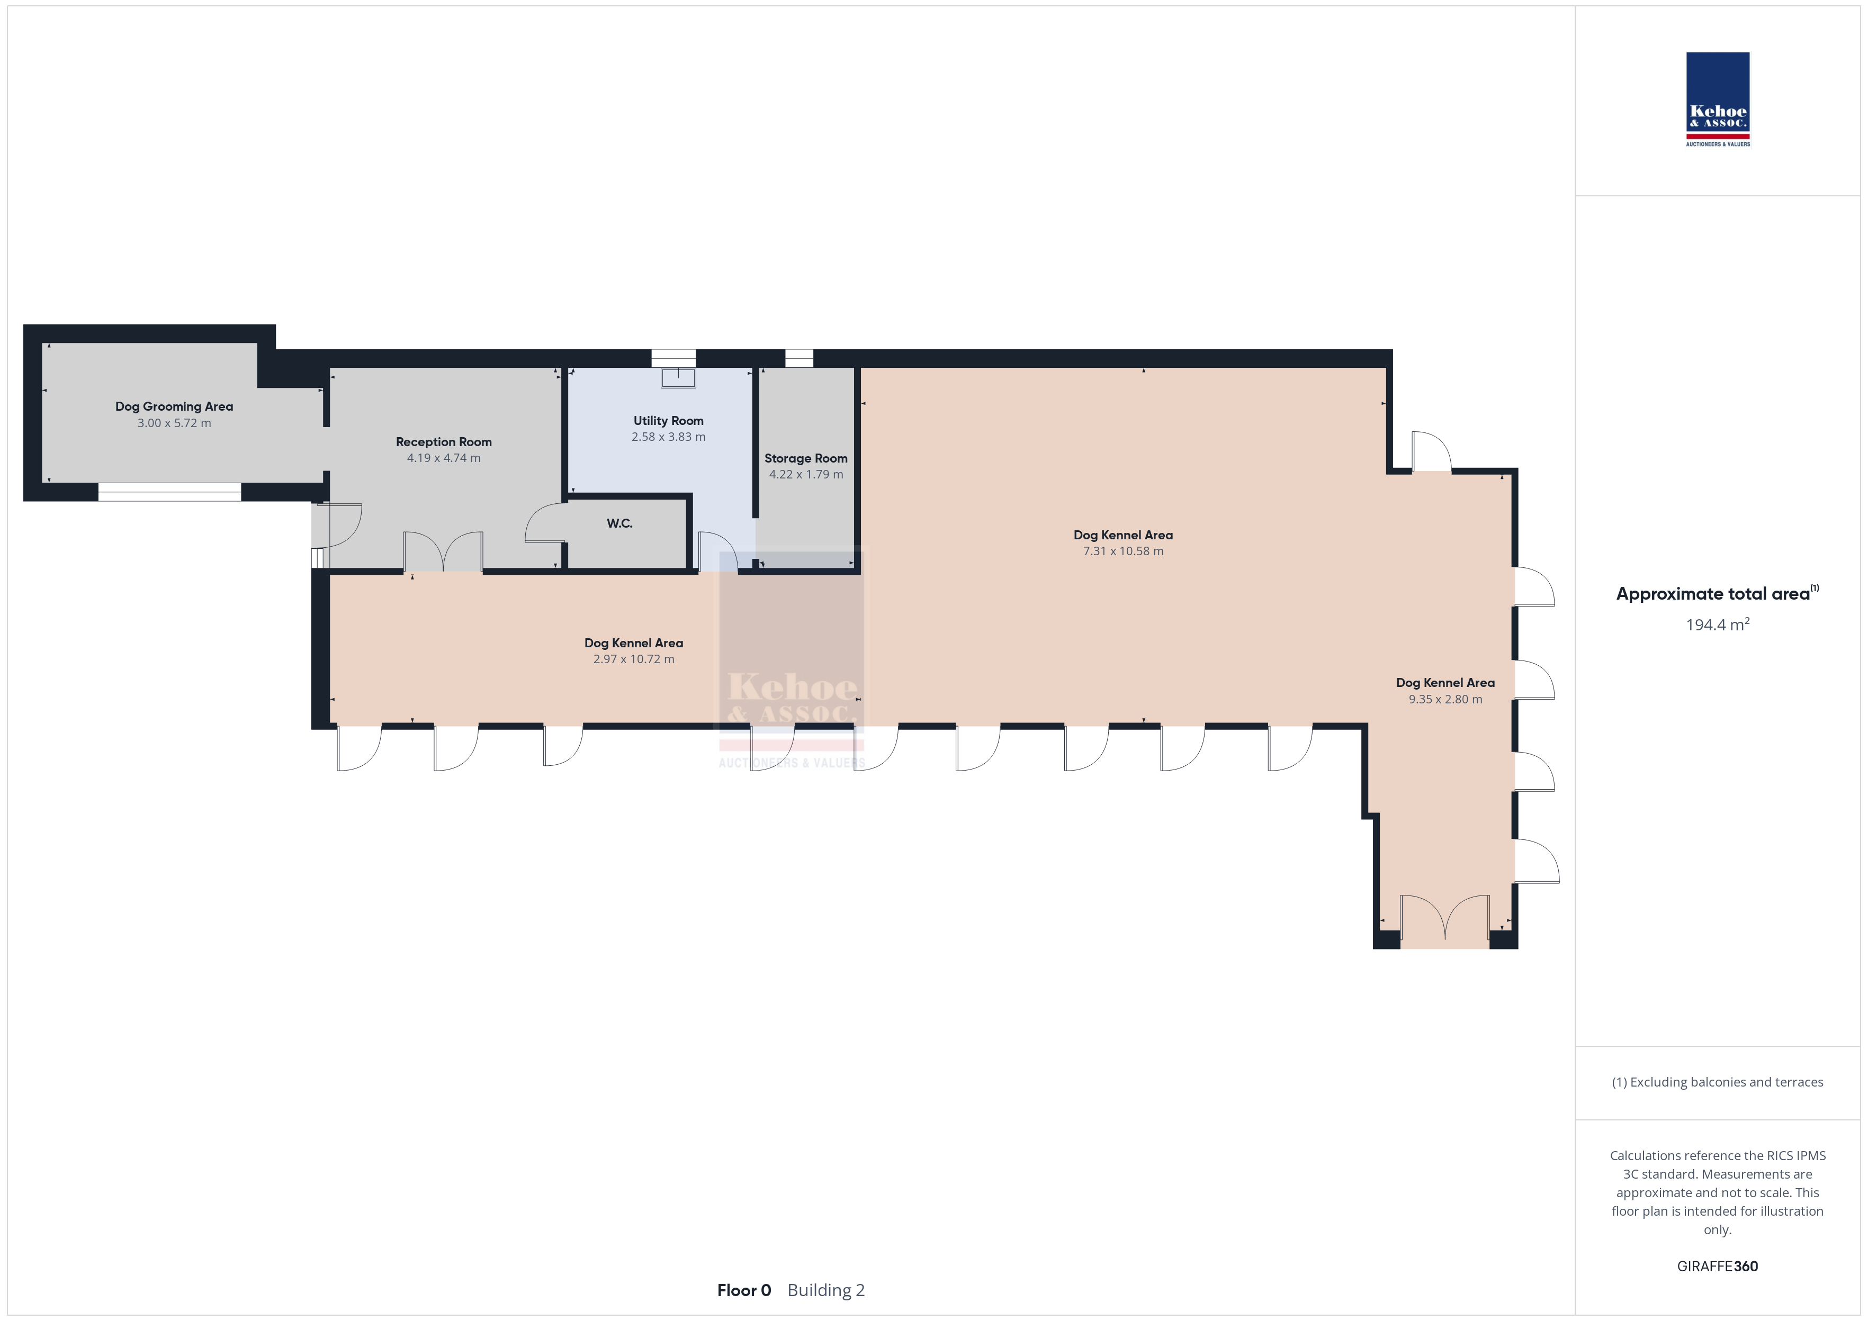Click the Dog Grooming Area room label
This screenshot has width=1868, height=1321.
pos(174,406)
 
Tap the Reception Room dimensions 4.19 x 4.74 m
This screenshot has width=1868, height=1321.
pos(443,458)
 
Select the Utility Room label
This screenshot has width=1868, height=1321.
pos(669,421)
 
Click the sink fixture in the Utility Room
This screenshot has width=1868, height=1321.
pos(678,377)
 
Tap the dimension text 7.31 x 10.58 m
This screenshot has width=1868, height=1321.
pos(1122,551)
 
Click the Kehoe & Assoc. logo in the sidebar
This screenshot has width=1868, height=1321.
pos(1718,99)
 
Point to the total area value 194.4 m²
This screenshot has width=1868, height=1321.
pos(1718,624)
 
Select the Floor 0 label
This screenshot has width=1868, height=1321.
pos(743,1290)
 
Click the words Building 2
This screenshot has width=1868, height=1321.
pos(826,1290)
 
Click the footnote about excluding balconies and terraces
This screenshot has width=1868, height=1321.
pos(1718,1082)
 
